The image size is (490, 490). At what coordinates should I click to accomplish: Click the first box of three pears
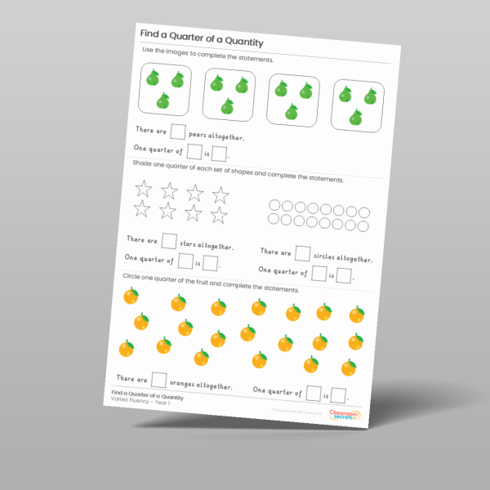point(163,88)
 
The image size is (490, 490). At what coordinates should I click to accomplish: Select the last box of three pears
point(359,107)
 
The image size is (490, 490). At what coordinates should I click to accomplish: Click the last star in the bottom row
point(218,216)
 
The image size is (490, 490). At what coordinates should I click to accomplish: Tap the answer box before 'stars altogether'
point(169,240)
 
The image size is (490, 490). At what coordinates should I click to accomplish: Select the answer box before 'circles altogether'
point(302,252)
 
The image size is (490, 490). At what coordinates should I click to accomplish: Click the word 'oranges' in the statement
point(189,383)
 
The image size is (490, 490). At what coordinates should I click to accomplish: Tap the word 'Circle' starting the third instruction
point(133,277)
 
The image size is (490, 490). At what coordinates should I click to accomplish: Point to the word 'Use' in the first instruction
point(149,51)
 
